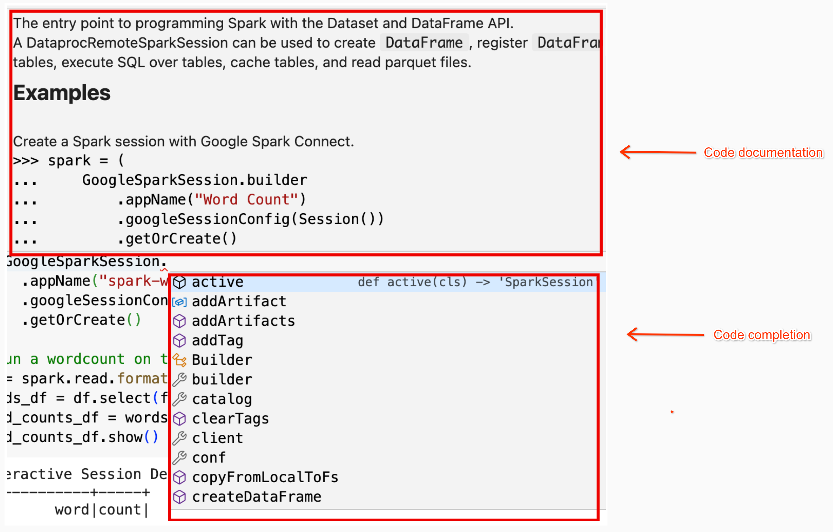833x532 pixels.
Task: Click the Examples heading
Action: (62, 93)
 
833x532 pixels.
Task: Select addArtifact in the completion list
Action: (239, 302)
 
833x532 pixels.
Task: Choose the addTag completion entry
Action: (217, 341)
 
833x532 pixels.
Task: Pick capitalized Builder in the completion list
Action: (222, 360)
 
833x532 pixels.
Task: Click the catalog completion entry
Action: (222, 399)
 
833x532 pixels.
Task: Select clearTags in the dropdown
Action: (230, 419)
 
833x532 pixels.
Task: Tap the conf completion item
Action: (209, 458)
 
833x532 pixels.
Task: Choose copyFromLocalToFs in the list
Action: (265, 477)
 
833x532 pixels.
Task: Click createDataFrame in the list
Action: (257, 497)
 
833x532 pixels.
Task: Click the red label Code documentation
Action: (763, 153)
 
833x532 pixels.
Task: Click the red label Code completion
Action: (762, 335)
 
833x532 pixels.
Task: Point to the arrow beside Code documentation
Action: (657, 152)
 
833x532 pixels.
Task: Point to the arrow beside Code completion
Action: (665, 335)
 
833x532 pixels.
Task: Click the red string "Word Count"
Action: (246, 200)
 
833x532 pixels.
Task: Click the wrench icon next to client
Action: (180, 438)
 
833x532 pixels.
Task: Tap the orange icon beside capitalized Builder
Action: (180, 360)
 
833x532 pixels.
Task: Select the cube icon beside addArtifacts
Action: (180, 321)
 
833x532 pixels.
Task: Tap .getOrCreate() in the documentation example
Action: (177, 239)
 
